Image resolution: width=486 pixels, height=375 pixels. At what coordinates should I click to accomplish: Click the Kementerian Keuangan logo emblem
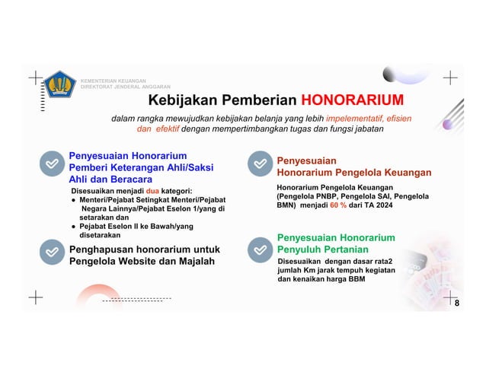(x=59, y=84)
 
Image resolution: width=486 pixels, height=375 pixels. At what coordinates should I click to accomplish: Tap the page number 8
(x=456, y=303)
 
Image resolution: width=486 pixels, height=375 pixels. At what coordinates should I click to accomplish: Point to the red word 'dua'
(x=153, y=190)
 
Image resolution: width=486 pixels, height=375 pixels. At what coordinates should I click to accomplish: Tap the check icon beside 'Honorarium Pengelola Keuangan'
(x=260, y=163)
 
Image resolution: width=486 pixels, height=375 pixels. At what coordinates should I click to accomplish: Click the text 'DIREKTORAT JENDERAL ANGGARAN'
(x=126, y=87)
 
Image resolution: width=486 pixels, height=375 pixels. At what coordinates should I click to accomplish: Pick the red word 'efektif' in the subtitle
(x=162, y=129)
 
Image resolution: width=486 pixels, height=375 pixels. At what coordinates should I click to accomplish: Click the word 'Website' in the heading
(x=142, y=262)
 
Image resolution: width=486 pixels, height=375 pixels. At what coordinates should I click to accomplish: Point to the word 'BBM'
(x=356, y=279)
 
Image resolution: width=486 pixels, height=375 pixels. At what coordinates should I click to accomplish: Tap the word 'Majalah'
(x=194, y=262)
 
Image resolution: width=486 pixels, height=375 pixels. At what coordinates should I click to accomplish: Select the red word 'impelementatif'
(x=355, y=119)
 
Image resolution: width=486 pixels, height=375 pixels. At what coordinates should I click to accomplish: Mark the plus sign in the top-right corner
(x=450, y=78)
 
